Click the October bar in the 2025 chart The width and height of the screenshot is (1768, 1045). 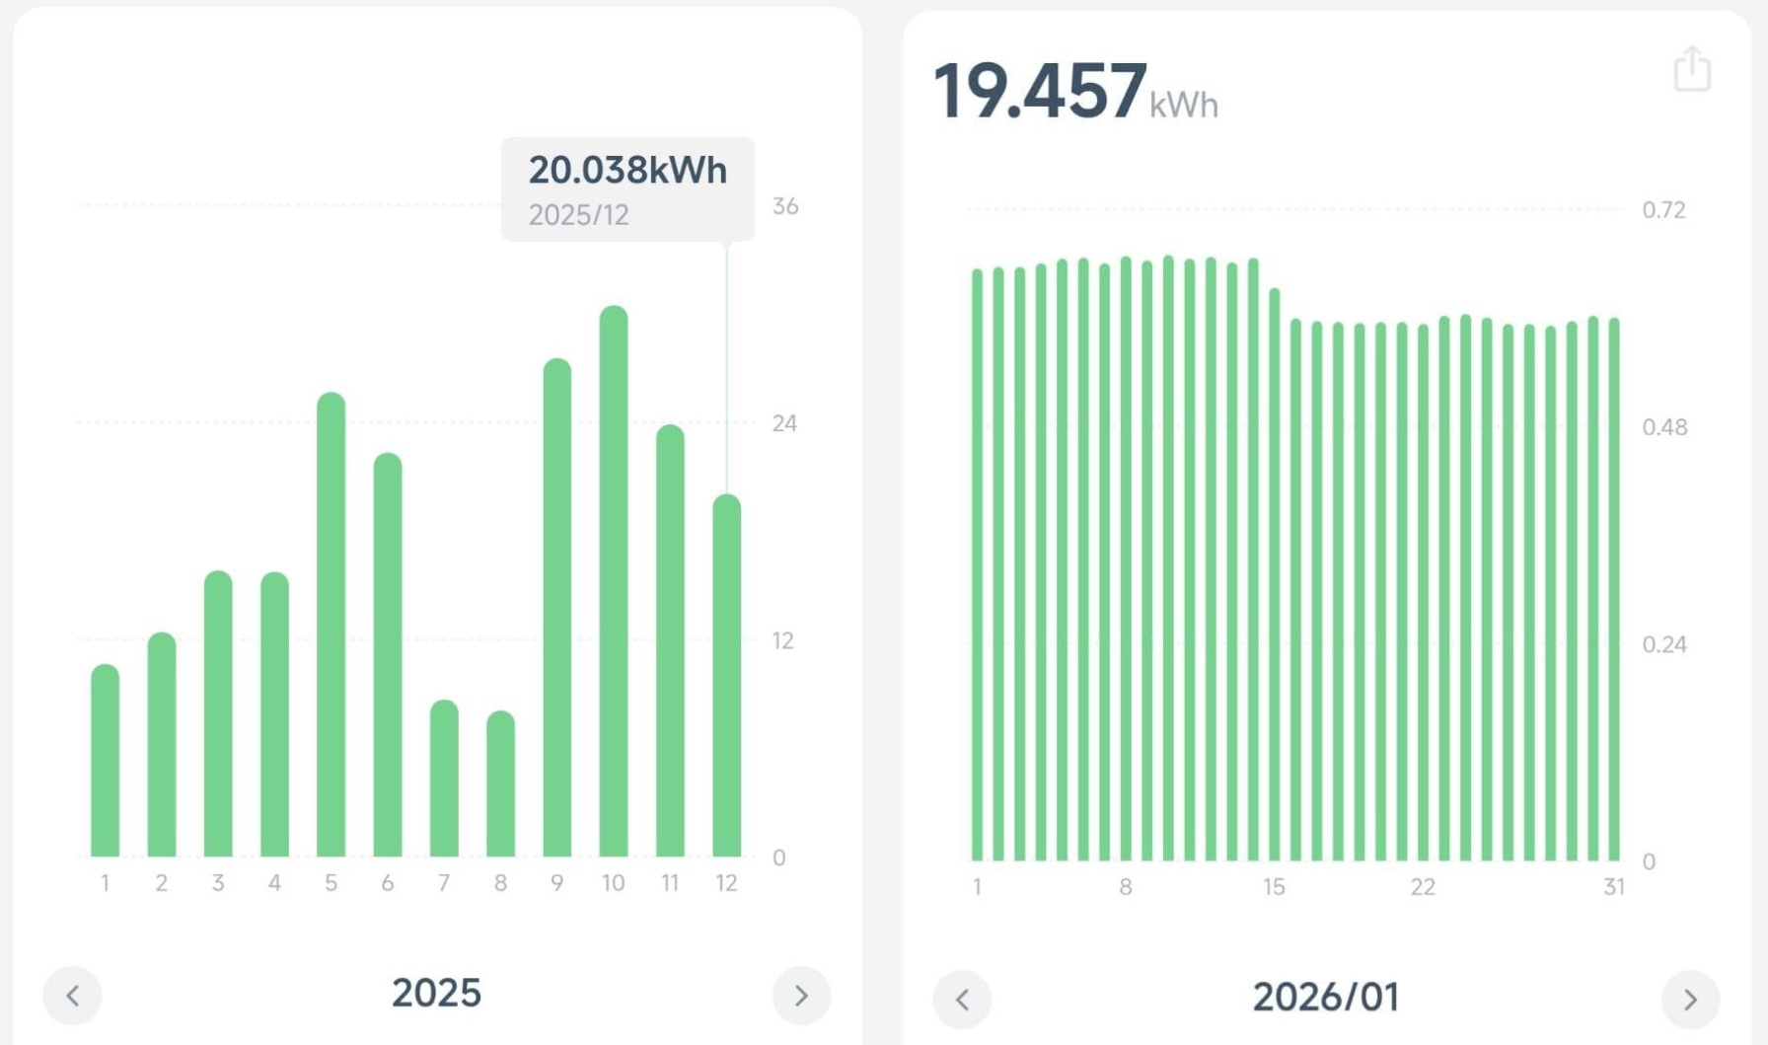pyautogui.click(x=613, y=582)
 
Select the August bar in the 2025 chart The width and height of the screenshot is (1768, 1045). pyautogui.click(x=500, y=784)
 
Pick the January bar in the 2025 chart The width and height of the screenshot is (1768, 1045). pyautogui.click(x=105, y=761)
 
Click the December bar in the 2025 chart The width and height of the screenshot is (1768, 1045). pyautogui.click(x=726, y=676)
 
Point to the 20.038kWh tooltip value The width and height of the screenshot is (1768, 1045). pyautogui.click(x=627, y=170)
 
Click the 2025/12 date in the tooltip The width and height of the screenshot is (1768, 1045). pyautogui.click(x=578, y=215)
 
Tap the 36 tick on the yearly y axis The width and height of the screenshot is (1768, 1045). pyautogui.click(x=785, y=206)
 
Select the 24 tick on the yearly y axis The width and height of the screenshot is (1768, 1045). pyautogui.click(x=784, y=423)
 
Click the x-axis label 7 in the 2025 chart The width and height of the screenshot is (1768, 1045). pyautogui.click(x=444, y=883)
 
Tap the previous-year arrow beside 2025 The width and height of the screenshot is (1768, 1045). pyautogui.click(x=72, y=996)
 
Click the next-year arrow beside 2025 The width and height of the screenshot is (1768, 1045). pyautogui.click(x=801, y=996)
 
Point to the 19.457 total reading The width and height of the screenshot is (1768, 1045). pyautogui.click(x=1040, y=92)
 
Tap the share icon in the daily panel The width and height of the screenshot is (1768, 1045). pyautogui.click(x=1692, y=69)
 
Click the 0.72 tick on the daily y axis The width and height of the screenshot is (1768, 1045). pyautogui.click(x=1663, y=210)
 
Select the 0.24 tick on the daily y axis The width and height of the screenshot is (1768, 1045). pyautogui.click(x=1663, y=644)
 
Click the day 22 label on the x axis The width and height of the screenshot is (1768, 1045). pyautogui.click(x=1422, y=887)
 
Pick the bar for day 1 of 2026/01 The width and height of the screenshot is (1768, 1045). pyautogui.click(x=977, y=565)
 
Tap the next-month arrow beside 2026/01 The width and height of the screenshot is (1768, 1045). pyautogui.click(x=1690, y=1000)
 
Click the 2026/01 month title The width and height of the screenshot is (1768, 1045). pyautogui.click(x=1326, y=998)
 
